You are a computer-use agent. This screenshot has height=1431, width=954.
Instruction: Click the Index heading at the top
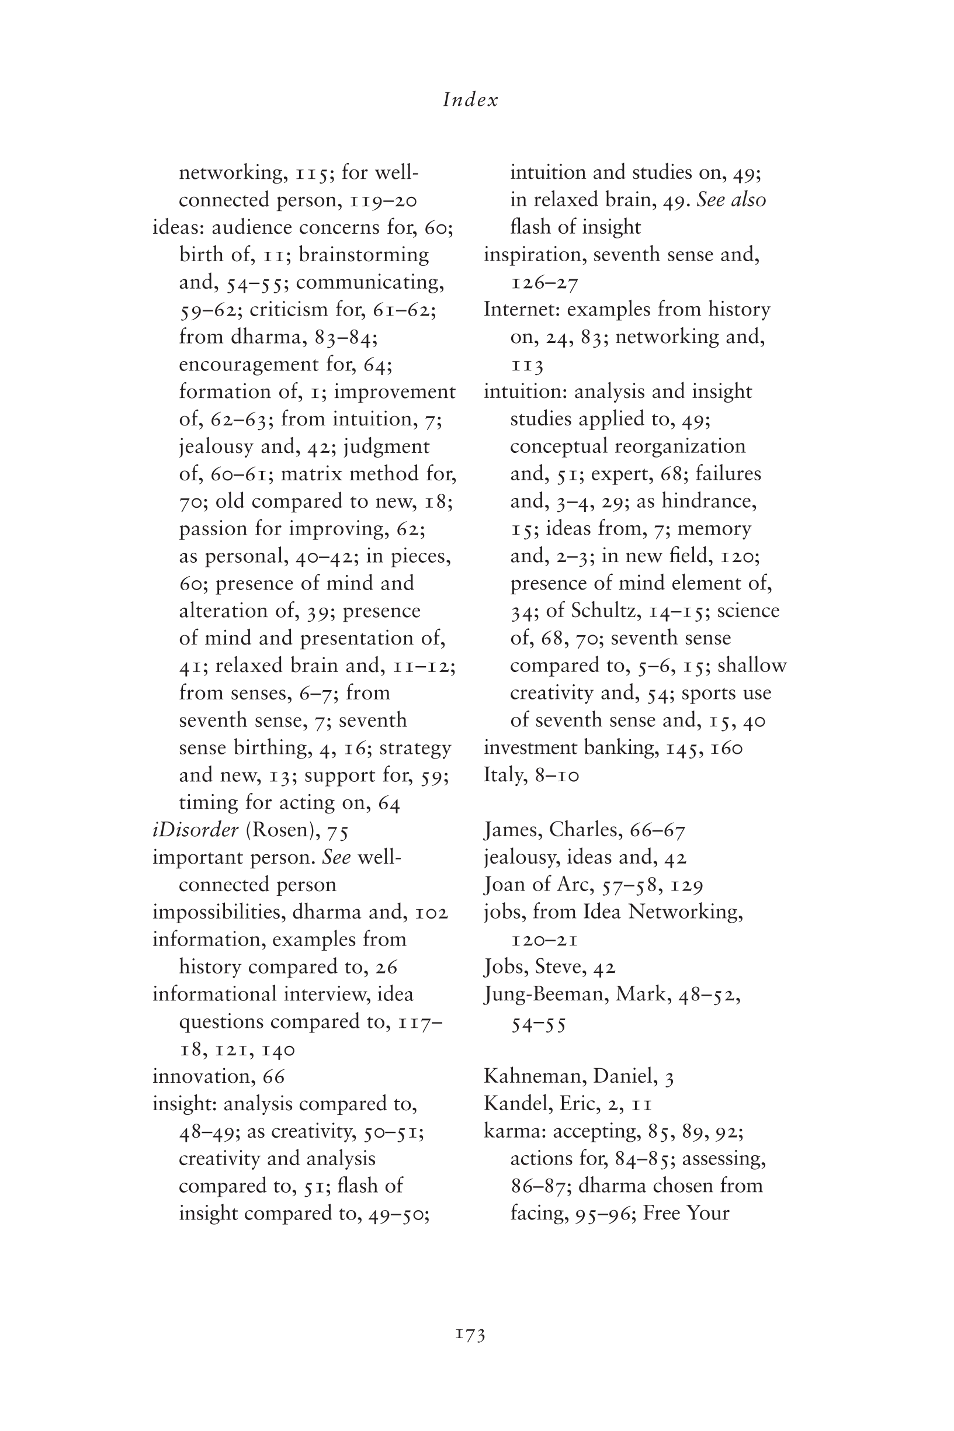pyautogui.click(x=470, y=100)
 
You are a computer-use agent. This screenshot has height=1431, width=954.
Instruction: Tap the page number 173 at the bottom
pyautogui.click(x=470, y=1335)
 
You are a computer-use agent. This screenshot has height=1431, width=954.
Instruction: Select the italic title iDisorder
pyautogui.click(x=195, y=830)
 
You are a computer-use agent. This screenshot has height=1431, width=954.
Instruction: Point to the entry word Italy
pyautogui.click(x=504, y=775)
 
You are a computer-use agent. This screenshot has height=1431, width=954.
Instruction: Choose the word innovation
pyautogui.click(x=204, y=1076)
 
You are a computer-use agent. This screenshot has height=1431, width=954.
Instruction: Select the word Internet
pyautogui.click(x=522, y=309)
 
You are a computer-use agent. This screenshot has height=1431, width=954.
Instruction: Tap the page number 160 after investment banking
pyautogui.click(x=726, y=748)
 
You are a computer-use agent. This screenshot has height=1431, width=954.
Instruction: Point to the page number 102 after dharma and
pyautogui.click(x=431, y=913)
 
